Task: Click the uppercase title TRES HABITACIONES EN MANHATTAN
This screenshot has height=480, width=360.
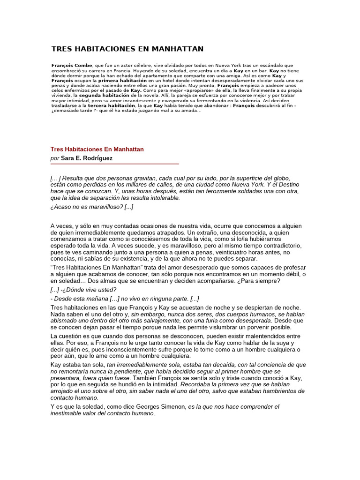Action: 127,49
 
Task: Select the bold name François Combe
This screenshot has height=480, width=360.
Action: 72,65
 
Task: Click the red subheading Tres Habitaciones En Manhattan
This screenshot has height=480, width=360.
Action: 97,149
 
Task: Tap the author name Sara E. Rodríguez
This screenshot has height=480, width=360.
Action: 87,158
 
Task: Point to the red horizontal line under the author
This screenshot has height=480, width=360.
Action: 115,164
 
